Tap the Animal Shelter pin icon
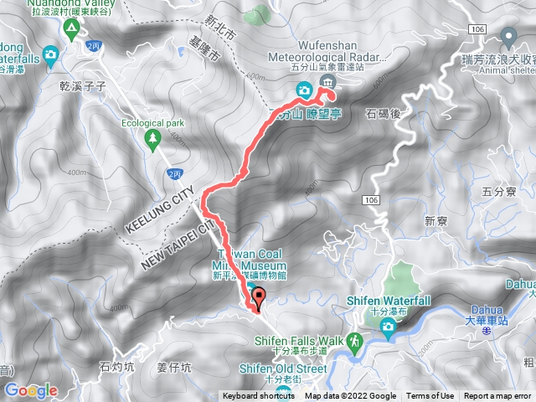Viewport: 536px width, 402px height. pos(508,37)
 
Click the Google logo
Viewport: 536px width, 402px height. pos(31,390)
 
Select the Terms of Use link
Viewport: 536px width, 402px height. pos(430,396)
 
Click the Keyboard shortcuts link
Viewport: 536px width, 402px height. pos(259,396)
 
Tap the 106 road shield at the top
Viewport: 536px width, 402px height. pos(477,29)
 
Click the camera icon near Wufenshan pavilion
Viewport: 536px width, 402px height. pos(304,90)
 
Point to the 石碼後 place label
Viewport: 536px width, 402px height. pos(386,112)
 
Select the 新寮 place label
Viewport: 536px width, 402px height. pos(437,221)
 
